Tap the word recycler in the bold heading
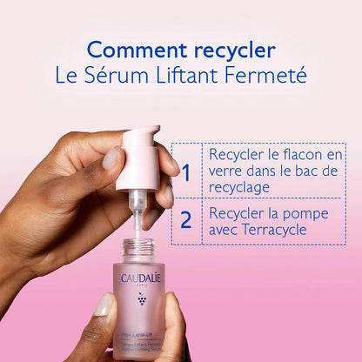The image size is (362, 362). coord(231,50)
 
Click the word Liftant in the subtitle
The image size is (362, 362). coord(188,76)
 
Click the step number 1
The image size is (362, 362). coord(184,171)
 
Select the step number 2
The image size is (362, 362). coord(184,218)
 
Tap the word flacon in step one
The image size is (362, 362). coord(301,154)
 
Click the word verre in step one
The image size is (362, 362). coord(228,171)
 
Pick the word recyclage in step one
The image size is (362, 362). coord(240,187)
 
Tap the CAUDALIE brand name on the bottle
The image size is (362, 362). coord(142,278)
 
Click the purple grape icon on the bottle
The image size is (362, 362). coord(142,299)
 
